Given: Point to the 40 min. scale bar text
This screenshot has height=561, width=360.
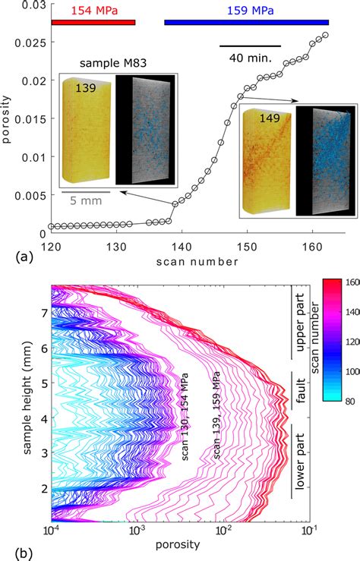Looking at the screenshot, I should click(x=250, y=56).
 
